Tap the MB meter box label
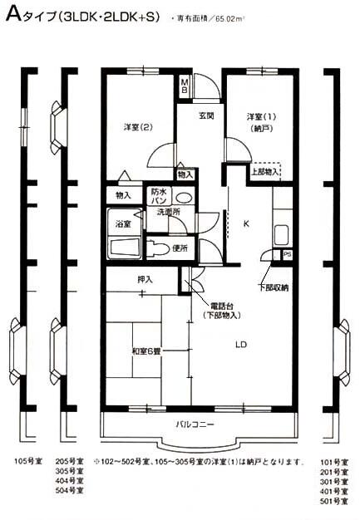pos(185,86)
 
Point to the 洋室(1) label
pos(259,115)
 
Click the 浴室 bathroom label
pos(122,224)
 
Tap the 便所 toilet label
pos(178,248)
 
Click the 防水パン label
pos(158,196)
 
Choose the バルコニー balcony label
pos(195,424)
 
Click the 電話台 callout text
pos(221,304)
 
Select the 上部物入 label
pos(265,172)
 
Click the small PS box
pos(288,255)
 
